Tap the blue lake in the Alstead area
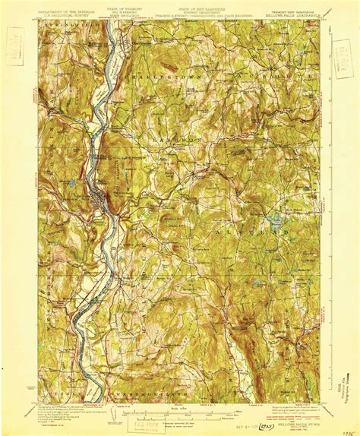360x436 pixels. point(273,223)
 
